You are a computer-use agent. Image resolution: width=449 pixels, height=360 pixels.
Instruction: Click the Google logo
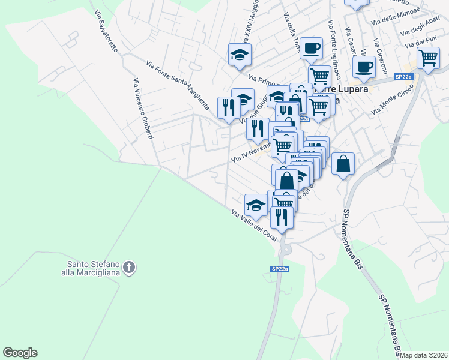click(x=20, y=353)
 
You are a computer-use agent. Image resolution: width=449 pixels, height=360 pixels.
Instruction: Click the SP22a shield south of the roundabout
click(x=280, y=269)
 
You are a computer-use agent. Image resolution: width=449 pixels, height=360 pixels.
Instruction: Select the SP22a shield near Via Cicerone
click(x=403, y=76)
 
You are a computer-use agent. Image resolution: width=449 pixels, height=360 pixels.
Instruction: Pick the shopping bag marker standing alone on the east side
click(x=343, y=163)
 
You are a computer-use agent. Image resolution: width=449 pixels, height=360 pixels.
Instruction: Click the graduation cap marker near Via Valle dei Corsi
click(x=256, y=205)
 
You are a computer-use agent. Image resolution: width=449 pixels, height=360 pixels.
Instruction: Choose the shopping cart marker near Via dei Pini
click(x=428, y=58)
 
